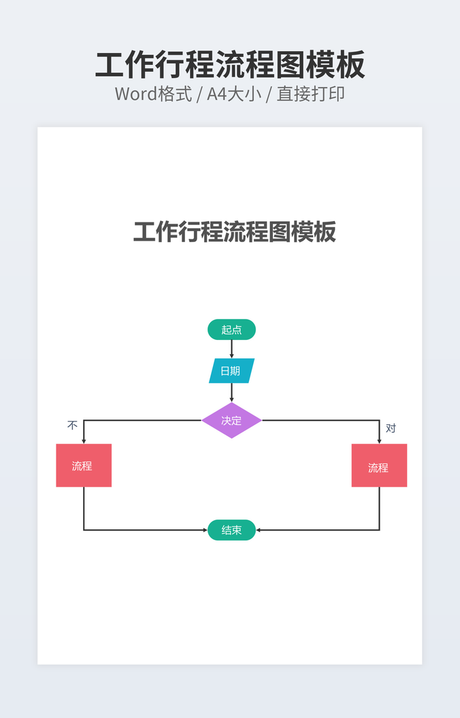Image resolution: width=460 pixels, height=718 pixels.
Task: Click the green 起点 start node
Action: coord(231,330)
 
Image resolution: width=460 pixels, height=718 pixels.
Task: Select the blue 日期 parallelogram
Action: coord(231,371)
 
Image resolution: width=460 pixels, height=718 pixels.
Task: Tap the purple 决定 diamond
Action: coord(231,420)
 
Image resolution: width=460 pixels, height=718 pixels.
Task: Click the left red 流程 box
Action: coord(83,466)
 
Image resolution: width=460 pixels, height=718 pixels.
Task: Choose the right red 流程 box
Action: coord(379,466)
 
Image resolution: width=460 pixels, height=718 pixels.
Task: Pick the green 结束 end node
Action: coord(231,530)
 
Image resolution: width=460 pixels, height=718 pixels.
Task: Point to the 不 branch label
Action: coord(72,426)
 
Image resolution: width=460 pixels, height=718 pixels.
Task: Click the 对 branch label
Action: coord(391,428)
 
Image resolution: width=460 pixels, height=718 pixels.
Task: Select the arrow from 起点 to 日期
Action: coord(231,349)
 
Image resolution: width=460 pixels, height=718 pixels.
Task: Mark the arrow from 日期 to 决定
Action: coord(231,392)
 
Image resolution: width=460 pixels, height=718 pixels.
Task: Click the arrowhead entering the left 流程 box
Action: coord(84,441)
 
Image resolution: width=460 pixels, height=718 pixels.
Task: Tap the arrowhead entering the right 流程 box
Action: coord(379,441)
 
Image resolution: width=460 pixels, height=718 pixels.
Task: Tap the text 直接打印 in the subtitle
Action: coord(310,94)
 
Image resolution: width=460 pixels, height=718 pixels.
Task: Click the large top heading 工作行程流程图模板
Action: coord(230,65)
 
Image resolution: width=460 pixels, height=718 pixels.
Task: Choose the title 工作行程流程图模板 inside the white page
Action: coord(234,232)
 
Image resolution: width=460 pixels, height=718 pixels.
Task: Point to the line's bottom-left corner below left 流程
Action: coord(84,530)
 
